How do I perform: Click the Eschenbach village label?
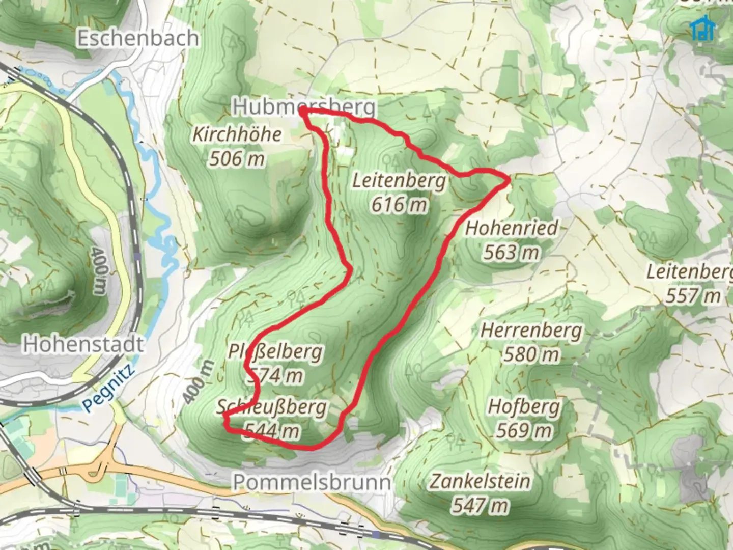pos(137,39)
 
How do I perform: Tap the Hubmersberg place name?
pos(304,107)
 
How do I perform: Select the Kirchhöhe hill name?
pos(237,135)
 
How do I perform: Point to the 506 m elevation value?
pos(237,159)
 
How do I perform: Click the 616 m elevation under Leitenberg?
pos(399,205)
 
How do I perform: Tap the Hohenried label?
pos(511,228)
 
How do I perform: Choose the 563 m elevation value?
pos(511,252)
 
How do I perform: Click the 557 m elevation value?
pos(693,295)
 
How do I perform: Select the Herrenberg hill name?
pos(531,331)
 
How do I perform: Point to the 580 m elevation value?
pos(531,354)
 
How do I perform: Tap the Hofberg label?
pos(524,407)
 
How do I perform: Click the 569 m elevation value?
pos(524,431)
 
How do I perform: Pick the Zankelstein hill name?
pos(480,481)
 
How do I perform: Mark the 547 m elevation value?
pos(480,506)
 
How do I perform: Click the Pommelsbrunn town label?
pos(312,482)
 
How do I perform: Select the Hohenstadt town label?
pos(83,345)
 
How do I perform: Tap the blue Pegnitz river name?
pos(108,388)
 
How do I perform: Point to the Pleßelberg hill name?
pos(275,352)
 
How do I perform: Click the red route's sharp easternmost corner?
pos(508,180)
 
